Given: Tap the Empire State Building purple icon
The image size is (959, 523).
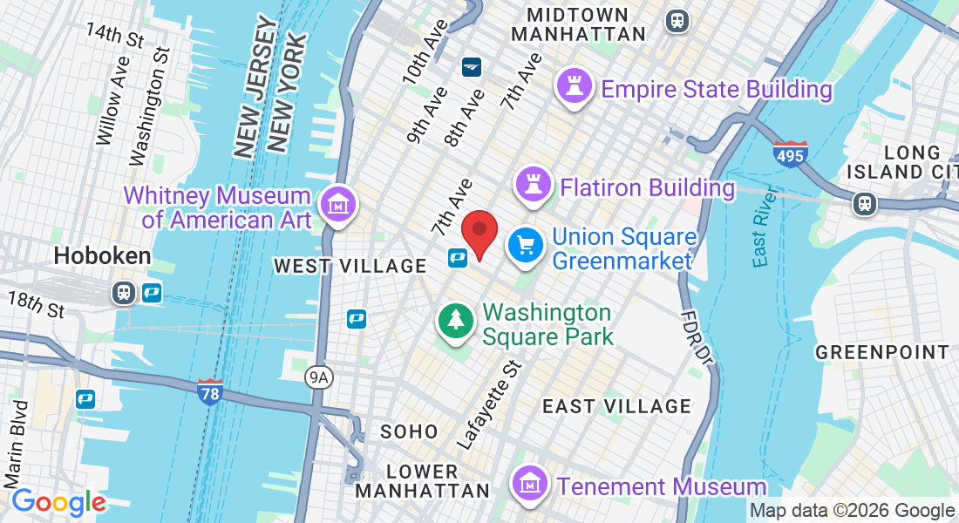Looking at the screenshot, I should [575, 88].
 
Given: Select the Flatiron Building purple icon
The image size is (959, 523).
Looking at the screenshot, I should [534, 185].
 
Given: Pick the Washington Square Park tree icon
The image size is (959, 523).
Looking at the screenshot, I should [455, 321].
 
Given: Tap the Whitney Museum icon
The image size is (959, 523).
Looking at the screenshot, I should [337, 206].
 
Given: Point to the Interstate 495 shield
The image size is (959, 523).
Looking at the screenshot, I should [790, 153].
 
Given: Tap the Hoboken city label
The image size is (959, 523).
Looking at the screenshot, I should [102, 255].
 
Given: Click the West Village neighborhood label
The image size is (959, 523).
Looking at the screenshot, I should [350, 266].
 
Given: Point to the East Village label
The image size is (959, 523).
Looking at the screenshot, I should [616, 406].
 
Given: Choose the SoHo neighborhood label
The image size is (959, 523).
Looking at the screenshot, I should [409, 431].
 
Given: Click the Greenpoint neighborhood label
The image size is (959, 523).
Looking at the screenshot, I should [881, 352].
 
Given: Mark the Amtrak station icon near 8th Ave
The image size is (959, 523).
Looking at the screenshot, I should [472, 66].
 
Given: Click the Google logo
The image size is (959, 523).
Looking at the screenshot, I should [58, 502].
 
